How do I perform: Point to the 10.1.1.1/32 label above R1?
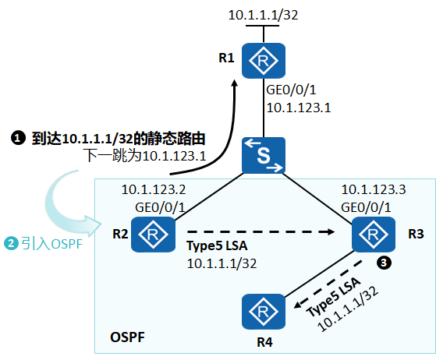click(263, 15)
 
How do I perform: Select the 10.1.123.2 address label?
click(153, 189)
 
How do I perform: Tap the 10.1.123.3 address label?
click(373, 189)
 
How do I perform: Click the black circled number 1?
click(17, 139)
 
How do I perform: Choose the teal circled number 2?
click(12, 244)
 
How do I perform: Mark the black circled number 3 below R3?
click(383, 262)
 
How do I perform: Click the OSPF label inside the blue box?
click(127, 337)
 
